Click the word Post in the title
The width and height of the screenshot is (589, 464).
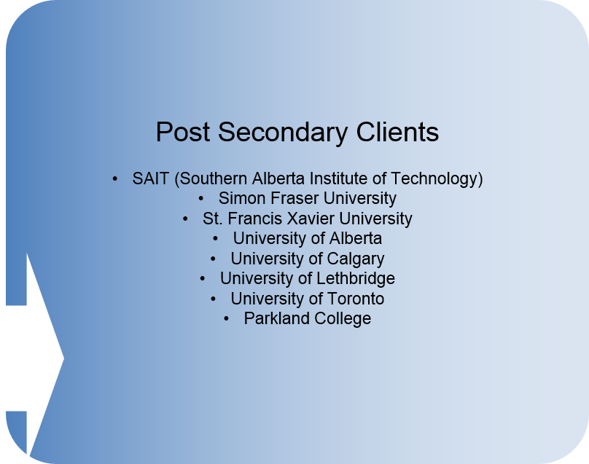[182, 132]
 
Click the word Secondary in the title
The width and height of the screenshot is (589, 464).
[283, 133]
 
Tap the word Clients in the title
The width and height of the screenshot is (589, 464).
[397, 132]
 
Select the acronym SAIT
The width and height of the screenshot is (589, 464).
[150, 178]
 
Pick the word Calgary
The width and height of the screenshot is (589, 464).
[355, 259]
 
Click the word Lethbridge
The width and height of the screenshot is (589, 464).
[356, 278]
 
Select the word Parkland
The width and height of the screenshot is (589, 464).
[276, 318]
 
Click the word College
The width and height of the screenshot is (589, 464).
[343, 319]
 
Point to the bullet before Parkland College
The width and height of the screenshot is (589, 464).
[226, 319]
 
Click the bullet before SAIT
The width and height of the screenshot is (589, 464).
[115, 179]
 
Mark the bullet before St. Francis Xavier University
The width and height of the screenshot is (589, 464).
[185, 219]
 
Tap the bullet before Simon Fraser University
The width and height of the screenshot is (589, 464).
[201, 199]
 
